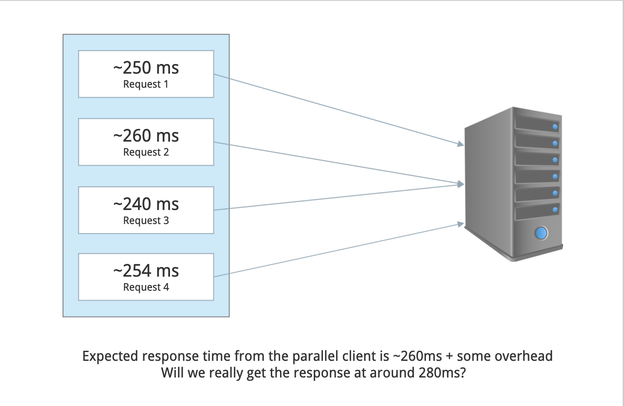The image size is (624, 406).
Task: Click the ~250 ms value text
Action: [x=146, y=68]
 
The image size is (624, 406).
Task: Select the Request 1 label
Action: [x=146, y=84]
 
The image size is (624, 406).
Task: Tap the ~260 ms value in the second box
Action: [x=146, y=136]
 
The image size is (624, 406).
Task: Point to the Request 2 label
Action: [x=146, y=152]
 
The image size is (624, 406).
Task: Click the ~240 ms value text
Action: [x=146, y=204]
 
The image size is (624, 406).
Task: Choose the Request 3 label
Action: [x=146, y=221]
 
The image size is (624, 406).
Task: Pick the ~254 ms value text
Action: [x=146, y=271]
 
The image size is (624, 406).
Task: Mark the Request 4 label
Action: [x=146, y=287]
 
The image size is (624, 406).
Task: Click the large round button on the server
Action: [x=542, y=233]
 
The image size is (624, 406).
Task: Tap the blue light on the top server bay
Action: [x=555, y=127]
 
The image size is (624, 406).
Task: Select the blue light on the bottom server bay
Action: [x=555, y=210]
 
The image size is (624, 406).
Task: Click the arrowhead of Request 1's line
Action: [x=461, y=144]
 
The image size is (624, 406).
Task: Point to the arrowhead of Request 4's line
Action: [x=461, y=224]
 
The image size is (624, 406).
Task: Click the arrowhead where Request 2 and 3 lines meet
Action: [x=461, y=184]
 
